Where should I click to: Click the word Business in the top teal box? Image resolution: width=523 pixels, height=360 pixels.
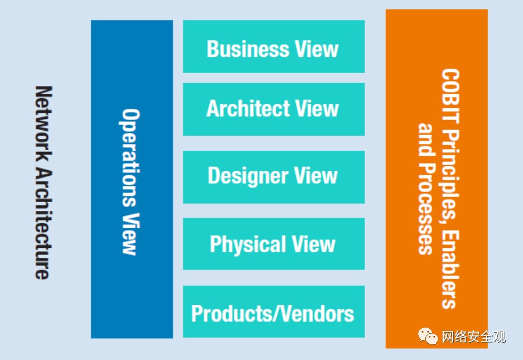248,49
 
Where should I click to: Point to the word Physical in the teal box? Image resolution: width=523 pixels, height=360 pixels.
248,244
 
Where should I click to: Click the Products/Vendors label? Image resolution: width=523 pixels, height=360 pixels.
272,314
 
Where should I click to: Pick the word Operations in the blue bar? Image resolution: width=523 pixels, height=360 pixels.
129,157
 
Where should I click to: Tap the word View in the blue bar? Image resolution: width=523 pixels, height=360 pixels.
129,234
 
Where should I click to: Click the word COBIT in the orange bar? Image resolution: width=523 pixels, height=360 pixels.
450,96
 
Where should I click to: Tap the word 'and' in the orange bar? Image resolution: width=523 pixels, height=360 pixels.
426,140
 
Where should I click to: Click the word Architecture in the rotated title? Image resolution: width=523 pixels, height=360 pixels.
44,223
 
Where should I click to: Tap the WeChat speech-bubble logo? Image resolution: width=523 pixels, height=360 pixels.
428,336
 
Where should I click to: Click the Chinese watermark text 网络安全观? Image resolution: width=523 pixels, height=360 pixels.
474,337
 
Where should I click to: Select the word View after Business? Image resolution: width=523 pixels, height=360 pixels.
317,49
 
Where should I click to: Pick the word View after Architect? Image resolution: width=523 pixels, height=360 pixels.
317,108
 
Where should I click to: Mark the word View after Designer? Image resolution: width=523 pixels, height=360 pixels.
316,175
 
